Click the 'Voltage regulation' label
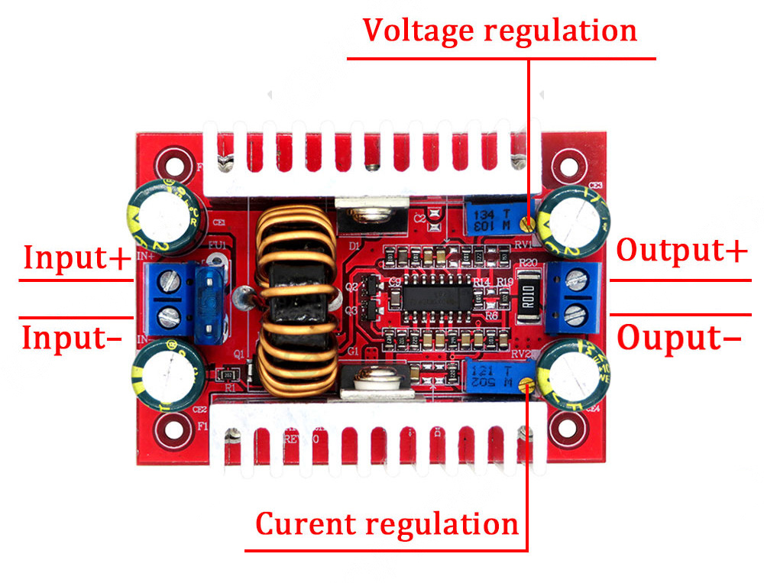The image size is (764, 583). click(500, 31)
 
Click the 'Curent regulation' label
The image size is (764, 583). click(387, 524)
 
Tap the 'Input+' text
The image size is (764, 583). click(77, 257)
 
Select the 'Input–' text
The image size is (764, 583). click(72, 337)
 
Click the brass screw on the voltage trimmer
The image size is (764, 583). click(526, 222)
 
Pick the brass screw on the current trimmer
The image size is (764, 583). click(526, 385)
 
